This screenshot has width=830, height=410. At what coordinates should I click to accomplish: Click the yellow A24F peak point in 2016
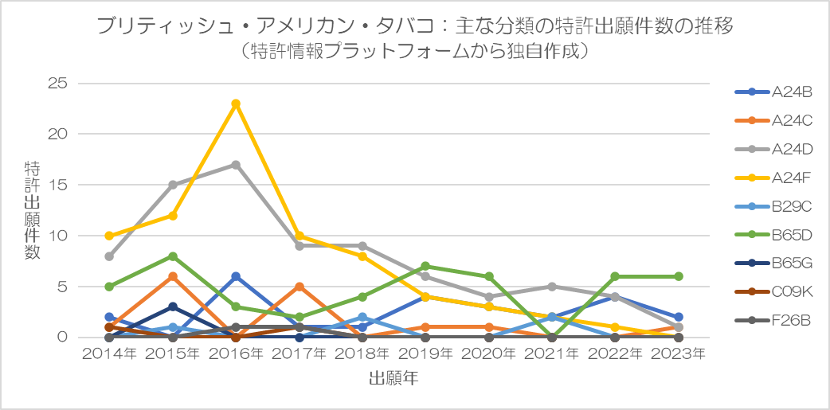point(236,103)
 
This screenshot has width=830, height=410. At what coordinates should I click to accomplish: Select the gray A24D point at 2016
point(236,165)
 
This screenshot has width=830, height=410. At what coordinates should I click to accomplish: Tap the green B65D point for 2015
point(172,256)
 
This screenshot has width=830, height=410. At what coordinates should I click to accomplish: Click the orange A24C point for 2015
point(172,276)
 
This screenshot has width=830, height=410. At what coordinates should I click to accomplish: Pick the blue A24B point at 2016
point(236,276)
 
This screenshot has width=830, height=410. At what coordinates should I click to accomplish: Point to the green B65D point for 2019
point(425,266)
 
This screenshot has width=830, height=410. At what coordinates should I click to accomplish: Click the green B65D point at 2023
point(679,276)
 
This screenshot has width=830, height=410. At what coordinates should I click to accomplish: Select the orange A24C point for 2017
point(299,287)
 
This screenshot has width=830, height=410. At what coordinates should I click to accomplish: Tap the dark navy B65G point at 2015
point(172,307)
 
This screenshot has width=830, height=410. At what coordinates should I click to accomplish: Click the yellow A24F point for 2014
point(109,236)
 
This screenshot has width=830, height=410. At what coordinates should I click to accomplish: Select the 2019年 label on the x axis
point(425,353)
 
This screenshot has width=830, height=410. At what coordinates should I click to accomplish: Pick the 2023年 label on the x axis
point(679,353)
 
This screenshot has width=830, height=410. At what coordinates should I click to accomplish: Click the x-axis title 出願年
point(393,378)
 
